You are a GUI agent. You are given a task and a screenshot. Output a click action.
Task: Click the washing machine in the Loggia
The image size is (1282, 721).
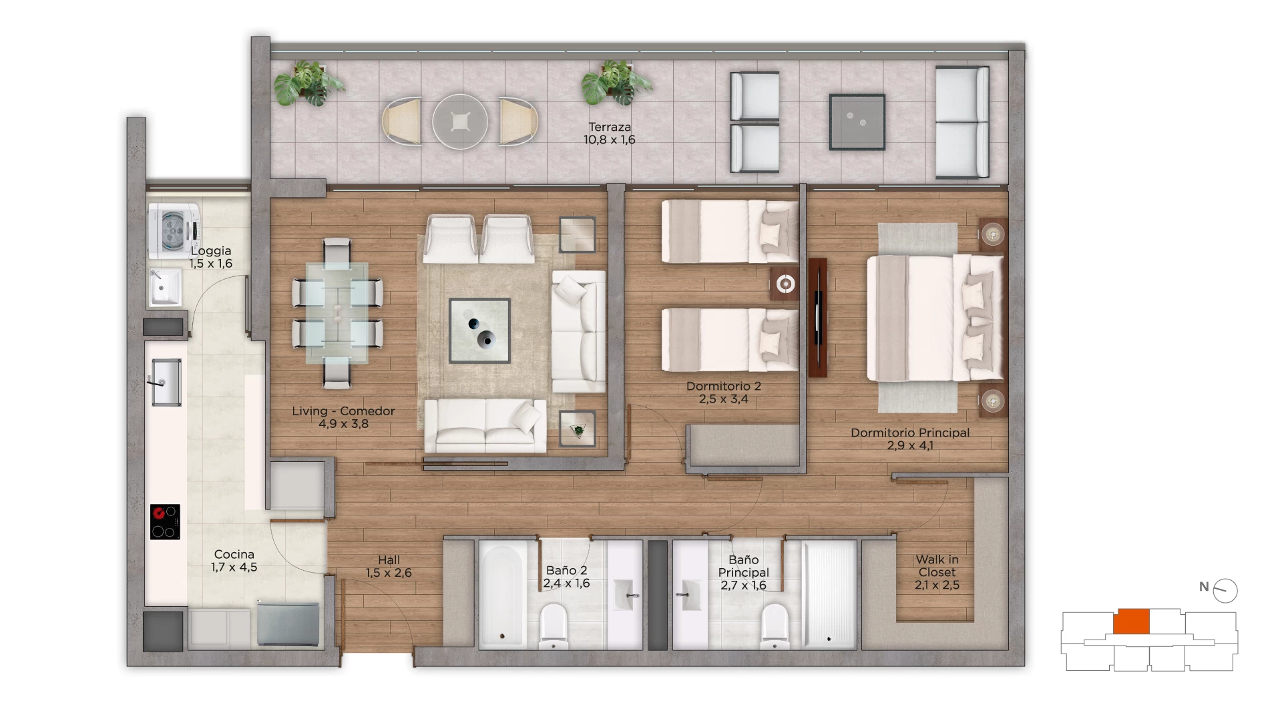pos(174,231)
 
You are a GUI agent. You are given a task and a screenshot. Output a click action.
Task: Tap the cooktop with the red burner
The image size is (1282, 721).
pos(165,521)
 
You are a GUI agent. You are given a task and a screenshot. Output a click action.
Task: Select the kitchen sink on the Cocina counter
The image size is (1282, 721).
pos(166,382)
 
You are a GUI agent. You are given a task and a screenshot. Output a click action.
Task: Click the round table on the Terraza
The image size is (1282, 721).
pos(460,122)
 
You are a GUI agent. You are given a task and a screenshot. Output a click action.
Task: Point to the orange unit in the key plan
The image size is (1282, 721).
pos(1131,622)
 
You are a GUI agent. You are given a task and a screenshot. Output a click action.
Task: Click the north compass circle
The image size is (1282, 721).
pos(1225,591)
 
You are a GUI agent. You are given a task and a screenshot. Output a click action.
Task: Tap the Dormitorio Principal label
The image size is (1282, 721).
pos(910,433)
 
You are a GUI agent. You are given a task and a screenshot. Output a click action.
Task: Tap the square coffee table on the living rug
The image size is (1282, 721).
pos(479,330)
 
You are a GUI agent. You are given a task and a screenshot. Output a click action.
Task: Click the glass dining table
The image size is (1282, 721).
pos(337,313)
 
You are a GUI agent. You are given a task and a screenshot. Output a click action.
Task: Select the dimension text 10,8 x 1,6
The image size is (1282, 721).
pos(609,140)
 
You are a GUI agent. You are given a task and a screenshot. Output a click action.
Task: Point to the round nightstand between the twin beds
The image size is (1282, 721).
pos(785,284)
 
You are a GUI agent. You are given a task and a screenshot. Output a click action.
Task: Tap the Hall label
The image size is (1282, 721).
pos(389,560)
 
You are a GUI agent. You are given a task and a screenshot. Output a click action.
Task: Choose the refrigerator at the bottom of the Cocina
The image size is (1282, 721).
pos(288,625)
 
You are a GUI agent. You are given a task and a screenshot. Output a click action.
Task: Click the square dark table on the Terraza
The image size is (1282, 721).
pos(857,122)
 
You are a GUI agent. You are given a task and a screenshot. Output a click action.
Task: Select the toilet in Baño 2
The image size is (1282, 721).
pos(553,626)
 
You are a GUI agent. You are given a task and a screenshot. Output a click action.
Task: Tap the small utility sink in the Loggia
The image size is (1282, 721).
pos(164,288)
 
